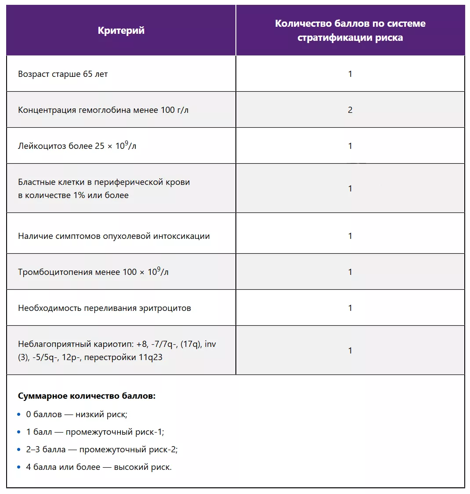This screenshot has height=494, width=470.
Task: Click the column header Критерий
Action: (x=121, y=30)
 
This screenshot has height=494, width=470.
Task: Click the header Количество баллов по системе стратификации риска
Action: (x=350, y=30)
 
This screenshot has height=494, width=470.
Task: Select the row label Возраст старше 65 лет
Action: (x=63, y=74)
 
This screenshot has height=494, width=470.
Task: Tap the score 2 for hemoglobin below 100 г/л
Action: (x=350, y=110)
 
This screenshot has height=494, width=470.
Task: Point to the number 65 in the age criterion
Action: (x=87, y=74)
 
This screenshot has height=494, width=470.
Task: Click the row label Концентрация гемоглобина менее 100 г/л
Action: (x=103, y=110)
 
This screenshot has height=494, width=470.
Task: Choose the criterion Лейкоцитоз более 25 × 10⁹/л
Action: (x=77, y=146)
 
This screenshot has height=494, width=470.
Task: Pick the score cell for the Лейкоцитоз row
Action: (x=350, y=146)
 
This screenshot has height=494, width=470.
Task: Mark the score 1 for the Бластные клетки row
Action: (x=350, y=188)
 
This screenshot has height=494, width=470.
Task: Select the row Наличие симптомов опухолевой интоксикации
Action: (x=114, y=236)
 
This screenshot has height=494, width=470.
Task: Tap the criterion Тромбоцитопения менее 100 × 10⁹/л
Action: (x=93, y=272)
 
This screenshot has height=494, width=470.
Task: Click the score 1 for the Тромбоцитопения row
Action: (x=350, y=272)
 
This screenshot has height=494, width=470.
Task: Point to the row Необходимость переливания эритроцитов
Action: (x=105, y=308)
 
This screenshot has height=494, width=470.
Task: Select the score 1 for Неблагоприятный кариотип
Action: (x=350, y=350)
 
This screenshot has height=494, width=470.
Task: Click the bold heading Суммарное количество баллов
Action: (x=87, y=396)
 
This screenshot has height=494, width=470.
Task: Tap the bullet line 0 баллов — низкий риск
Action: (x=76, y=414)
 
